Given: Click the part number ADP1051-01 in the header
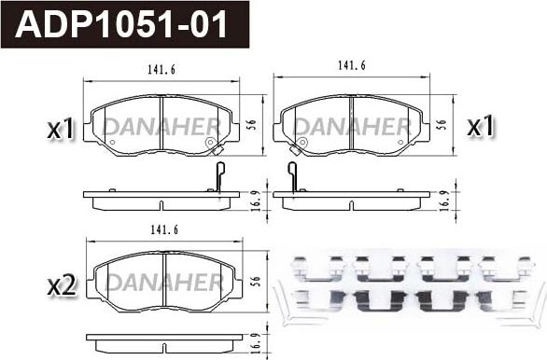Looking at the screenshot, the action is (121, 24).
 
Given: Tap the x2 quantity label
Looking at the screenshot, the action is (62, 286).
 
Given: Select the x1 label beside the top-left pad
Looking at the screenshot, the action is (61, 128).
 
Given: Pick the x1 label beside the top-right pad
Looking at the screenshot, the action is (481, 126).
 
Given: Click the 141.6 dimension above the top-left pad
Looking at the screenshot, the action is (161, 70).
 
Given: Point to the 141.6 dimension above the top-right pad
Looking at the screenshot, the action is (351, 65).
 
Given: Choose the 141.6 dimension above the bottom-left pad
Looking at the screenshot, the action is (164, 230).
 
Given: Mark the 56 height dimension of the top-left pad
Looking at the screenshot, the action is (253, 125).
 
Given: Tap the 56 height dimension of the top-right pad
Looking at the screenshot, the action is (442, 125).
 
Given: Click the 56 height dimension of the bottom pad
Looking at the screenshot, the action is (256, 282).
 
